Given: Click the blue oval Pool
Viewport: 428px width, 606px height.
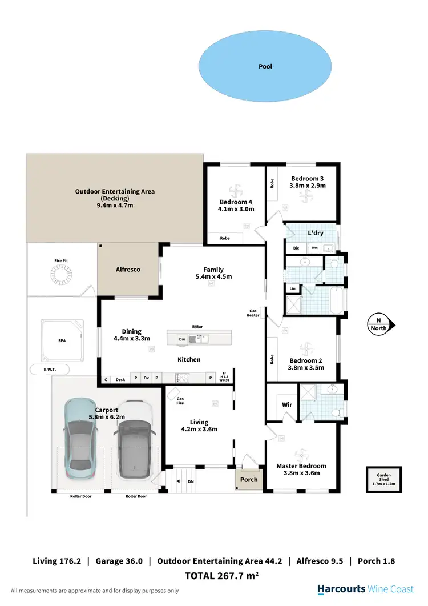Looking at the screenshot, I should [x=265, y=66].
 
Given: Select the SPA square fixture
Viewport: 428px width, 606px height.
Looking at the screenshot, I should [x=62, y=340].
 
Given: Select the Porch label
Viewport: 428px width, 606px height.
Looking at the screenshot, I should [x=249, y=479].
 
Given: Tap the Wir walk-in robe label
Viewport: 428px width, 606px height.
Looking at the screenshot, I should [x=287, y=404].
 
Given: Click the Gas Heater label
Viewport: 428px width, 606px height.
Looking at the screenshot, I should [x=253, y=313].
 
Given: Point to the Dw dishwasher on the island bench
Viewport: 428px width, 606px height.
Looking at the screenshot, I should [x=182, y=339].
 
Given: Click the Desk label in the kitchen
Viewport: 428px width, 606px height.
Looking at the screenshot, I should [x=120, y=379].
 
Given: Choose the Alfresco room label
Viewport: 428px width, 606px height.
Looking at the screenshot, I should [x=129, y=269].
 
